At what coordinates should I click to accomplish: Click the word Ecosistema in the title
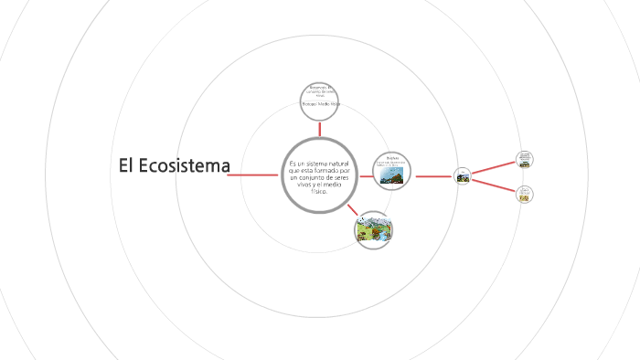coord(187,166)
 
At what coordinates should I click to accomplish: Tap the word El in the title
coord(127,166)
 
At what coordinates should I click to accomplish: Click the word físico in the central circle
coord(319,192)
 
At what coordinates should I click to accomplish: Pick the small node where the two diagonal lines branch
coord(463,175)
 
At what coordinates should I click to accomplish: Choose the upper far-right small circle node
coord(524,158)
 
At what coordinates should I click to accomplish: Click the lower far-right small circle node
coord(524,194)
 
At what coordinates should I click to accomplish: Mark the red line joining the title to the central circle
coord(254,175)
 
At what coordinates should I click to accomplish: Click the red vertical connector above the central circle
coord(319,127)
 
